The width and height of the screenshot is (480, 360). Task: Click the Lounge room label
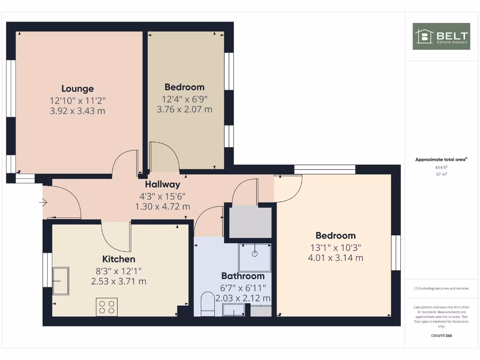[78, 89]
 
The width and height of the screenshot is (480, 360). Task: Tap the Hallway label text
[163, 185]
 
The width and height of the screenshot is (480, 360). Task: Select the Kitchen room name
[119, 259]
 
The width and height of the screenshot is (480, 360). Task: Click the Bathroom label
[243, 276]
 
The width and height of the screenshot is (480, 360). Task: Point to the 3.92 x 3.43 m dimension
[78, 112]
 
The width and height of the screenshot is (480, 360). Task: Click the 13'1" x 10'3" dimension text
[335, 247]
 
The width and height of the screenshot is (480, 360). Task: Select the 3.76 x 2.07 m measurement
[184, 110]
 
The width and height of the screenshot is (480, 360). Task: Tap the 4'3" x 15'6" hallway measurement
[163, 196]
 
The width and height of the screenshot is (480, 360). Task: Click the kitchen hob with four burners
[106, 307]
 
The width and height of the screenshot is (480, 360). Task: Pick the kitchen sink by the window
[60, 281]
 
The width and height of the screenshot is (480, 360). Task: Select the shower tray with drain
[255, 257]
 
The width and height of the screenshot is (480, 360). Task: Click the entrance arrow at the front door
[43, 202]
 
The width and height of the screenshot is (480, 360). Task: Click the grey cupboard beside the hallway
[250, 222]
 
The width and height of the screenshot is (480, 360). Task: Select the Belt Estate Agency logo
[441, 36]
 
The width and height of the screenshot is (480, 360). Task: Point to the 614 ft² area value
[441, 167]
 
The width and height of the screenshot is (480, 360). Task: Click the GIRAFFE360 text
[441, 336]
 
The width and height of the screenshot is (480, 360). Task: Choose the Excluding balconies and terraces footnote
[441, 288]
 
